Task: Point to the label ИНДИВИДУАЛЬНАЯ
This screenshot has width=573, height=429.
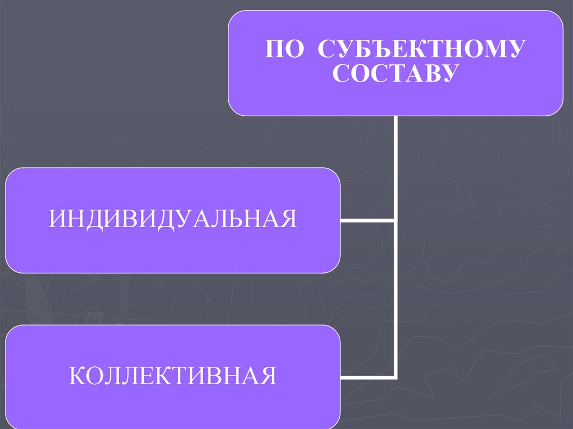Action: tap(172, 218)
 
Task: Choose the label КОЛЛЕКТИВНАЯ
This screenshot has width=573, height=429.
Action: tap(173, 375)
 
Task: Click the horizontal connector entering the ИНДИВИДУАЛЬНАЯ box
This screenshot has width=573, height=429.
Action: tap(367, 220)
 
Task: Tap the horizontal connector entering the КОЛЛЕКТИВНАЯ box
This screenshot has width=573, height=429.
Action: tap(367, 377)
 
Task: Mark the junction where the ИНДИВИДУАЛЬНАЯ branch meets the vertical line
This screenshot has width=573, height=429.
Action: tap(396, 220)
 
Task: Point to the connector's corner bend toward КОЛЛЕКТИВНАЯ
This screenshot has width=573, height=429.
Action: tap(396, 377)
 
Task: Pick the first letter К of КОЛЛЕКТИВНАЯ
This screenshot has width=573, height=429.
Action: tap(77, 375)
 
